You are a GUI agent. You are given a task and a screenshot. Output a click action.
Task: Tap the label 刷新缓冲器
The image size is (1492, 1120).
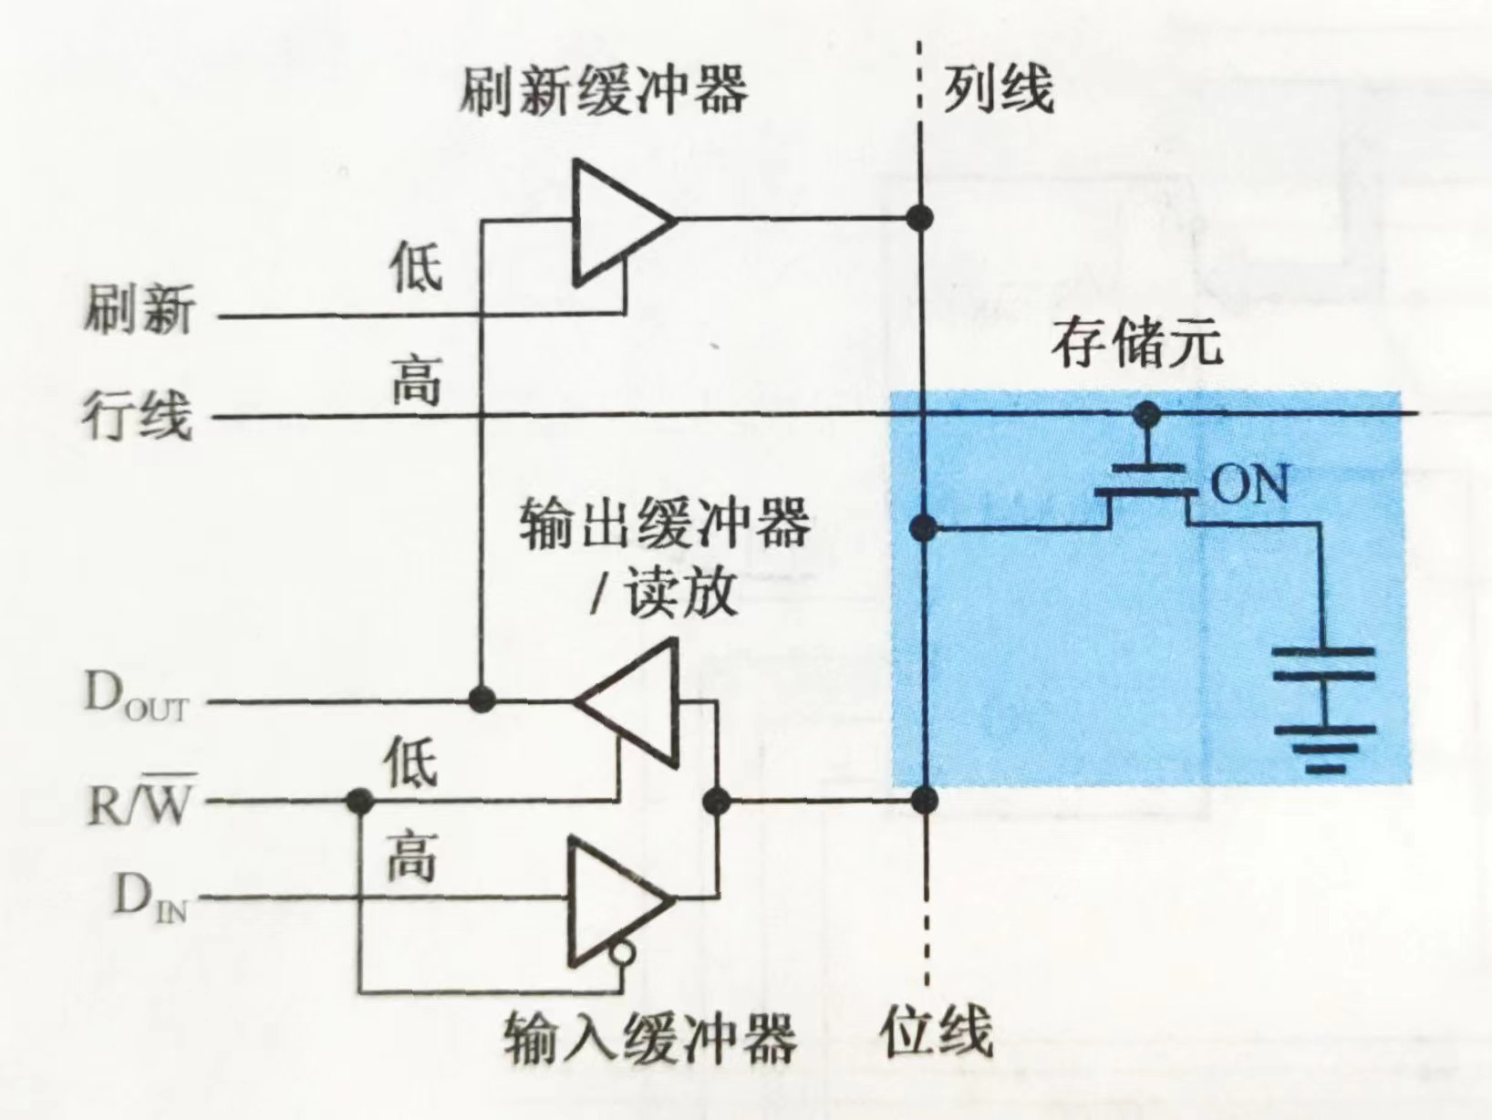(x=603, y=90)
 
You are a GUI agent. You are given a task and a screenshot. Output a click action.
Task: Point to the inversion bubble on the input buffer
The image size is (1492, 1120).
(x=623, y=954)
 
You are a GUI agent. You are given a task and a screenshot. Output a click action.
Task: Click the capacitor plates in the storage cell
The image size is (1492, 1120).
(x=1323, y=663)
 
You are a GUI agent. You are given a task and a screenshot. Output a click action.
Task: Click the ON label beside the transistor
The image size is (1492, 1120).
(x=1249, y=485)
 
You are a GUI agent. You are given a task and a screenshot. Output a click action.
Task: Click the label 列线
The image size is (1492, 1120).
(x=998, y=89)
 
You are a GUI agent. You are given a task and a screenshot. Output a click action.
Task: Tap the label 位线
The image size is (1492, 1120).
(x=936, y=1033)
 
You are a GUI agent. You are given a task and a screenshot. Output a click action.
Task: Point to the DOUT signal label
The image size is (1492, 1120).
(x=135, y=697)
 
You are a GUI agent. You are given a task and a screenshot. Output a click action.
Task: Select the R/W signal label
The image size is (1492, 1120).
(x=140, y=801)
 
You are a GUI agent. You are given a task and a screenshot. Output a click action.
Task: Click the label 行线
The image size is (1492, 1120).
(x=138, y=417)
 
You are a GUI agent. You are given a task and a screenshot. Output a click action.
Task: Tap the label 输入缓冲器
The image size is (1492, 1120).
(x=649, y=1038)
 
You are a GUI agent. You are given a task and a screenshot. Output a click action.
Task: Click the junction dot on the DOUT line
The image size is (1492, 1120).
(x=482, y=700)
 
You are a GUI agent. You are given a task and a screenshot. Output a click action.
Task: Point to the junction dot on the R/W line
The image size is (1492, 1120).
(x=360, y=802)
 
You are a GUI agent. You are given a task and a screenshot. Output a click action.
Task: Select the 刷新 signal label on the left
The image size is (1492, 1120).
(x=140, y=310)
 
